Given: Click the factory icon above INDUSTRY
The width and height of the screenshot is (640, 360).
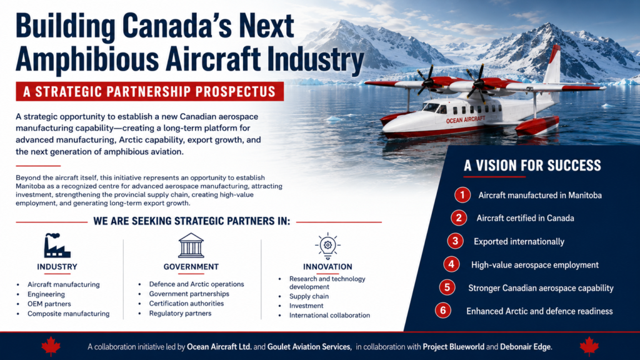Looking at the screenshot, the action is tap(57, 246).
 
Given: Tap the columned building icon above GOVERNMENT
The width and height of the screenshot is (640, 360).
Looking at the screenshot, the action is tap(191, 245).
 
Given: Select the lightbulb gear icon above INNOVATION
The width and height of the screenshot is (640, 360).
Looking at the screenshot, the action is tap(327, 246).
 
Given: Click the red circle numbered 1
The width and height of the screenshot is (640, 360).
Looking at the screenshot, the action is tap(462, 195).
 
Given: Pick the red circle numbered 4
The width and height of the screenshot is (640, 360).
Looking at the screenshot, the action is tap(451, 264).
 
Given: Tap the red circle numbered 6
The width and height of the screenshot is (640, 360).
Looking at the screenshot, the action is tap(443, 311).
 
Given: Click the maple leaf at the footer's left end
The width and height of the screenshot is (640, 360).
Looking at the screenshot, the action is tap(51, 346).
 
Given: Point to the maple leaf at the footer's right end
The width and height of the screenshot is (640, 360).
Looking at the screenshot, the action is tap(589, 346).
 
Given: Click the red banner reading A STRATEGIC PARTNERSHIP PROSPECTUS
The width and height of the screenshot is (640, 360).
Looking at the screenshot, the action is tap(150, 91).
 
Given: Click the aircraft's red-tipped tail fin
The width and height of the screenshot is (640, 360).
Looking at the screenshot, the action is tap(552, 64).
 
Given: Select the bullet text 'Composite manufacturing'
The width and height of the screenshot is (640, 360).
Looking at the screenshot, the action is tap(69, 314).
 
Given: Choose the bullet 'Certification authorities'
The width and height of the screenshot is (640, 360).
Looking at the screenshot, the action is tap(186, 303).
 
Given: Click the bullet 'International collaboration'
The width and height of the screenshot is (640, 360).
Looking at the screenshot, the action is tap(330, 315).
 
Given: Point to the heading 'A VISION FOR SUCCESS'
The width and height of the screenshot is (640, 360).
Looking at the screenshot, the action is tap(532, 166).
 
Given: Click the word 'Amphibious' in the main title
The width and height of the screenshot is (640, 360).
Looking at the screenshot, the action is tap(87, 60).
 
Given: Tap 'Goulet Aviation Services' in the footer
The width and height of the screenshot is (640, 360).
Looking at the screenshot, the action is tap(309, 346).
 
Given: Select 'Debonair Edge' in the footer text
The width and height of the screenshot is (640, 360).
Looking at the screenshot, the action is tap(526, 346).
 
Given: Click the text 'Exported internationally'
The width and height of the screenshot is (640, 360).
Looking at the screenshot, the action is tap(519, 242).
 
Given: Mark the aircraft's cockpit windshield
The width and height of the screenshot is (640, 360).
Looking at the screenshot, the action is tap(432, 107).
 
